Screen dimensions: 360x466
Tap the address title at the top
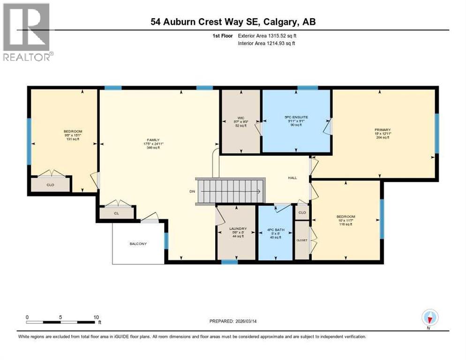(236, 22)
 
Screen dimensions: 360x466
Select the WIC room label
(241, 118)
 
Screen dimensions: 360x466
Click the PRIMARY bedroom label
(382, 130)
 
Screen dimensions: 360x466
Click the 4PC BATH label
(275, 229)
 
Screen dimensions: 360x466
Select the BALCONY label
(138, 244)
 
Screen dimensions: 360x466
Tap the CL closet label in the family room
(117, 213)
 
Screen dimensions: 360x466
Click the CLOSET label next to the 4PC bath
(302, 240)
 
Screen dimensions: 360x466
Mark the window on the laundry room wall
(229, 262)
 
